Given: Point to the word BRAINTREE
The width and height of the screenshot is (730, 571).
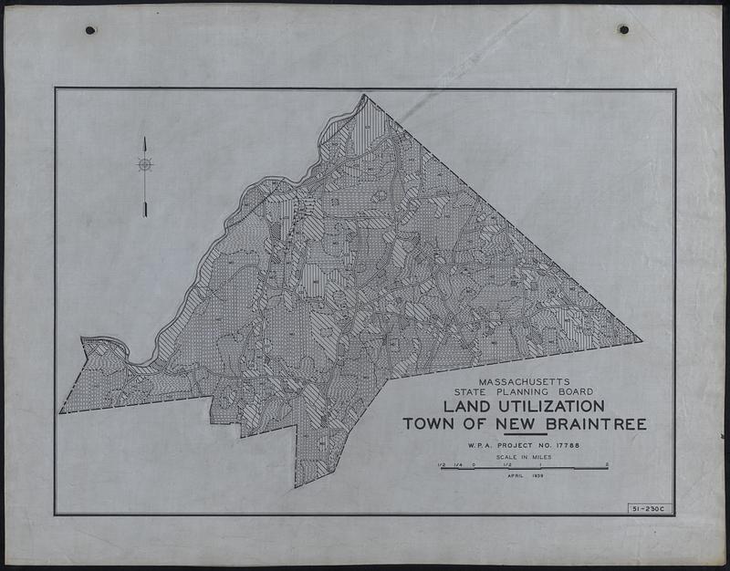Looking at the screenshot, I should click(598, 424).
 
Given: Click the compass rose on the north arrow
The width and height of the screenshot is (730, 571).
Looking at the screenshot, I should click(144, 164).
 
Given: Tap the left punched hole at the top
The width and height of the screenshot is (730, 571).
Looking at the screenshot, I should click(90, 30).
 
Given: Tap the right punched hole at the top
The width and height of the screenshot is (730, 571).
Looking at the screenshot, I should click(623, 29).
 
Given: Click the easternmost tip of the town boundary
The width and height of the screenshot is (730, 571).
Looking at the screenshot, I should click(641, 341).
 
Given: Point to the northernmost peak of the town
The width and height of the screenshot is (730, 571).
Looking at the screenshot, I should click(364, 95).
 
